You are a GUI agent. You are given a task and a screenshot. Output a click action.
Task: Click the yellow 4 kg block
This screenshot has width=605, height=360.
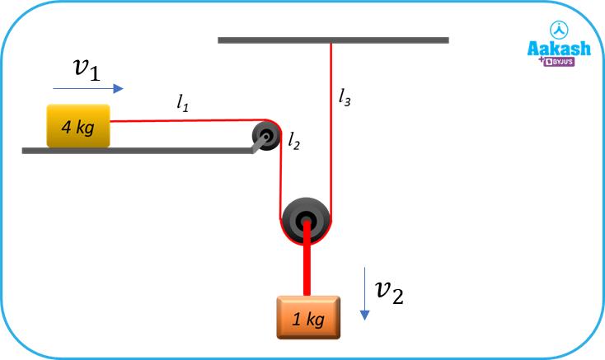(78, 126)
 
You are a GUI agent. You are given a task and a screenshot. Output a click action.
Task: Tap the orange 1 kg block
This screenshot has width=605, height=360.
(307, 317)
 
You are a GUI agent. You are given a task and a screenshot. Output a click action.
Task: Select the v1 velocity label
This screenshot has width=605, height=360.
(87, 69)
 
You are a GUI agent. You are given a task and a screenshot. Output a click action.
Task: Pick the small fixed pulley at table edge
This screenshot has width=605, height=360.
(266, 133)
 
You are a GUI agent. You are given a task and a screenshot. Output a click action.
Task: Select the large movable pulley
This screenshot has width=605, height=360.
(307, 219)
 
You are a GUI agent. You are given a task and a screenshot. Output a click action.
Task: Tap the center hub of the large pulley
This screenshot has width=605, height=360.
(307, 220)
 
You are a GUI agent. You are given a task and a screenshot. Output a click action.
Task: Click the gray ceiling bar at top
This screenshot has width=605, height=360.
(333, 40)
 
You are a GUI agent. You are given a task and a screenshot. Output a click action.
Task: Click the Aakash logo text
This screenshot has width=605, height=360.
(559, 49)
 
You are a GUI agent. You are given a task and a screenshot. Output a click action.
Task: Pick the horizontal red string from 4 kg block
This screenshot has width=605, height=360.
(181, 120)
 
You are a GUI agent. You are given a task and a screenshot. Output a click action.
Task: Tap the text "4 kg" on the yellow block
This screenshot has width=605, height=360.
(77, 128)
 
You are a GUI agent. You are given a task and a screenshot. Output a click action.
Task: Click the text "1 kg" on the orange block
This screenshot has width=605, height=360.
(308, 320)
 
